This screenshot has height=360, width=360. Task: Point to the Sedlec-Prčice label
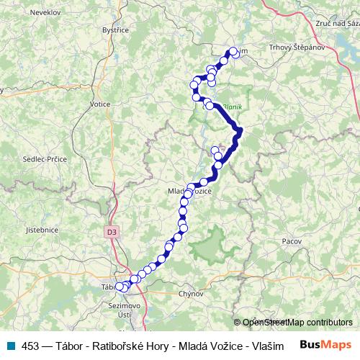(45, 158)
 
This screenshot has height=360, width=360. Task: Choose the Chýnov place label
(192, 294)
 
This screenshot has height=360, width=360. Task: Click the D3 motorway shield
(111, 232)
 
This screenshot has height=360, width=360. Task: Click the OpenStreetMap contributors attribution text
(297, 323)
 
